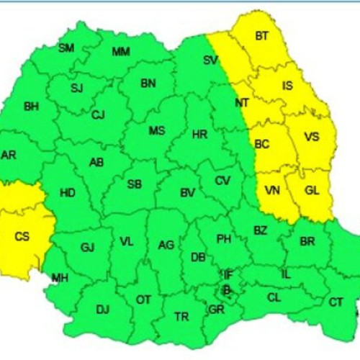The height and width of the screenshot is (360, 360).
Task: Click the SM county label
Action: (x=66, y=48)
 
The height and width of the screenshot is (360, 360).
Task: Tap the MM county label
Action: (x=121, y=52)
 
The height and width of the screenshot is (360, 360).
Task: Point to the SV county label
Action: (x=210, y=60)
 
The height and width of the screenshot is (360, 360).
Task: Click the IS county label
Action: (x=287, y=86)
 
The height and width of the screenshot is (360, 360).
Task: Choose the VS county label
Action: (x=312, y=137)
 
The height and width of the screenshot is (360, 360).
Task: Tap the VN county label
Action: (x=273, y=190)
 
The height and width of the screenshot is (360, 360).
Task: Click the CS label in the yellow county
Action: (x=23, y=235)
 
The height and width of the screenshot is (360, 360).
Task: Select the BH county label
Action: (x=32, y=107)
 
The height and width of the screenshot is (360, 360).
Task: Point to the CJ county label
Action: (x=98, y=115)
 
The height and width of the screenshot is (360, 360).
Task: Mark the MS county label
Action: (x=156, y=131)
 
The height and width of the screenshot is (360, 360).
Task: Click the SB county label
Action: (x=134, y=184)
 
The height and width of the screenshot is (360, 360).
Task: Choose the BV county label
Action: (x=188, y=192)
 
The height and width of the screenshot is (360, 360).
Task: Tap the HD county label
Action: (x=67, y=193)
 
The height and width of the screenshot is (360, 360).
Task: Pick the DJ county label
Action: (x=102, y=310)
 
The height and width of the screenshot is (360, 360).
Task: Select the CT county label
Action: (x=336, y=302)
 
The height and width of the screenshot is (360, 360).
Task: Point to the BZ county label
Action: (x=260, y=230)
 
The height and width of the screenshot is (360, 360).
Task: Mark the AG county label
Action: (x=166, y=246)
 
